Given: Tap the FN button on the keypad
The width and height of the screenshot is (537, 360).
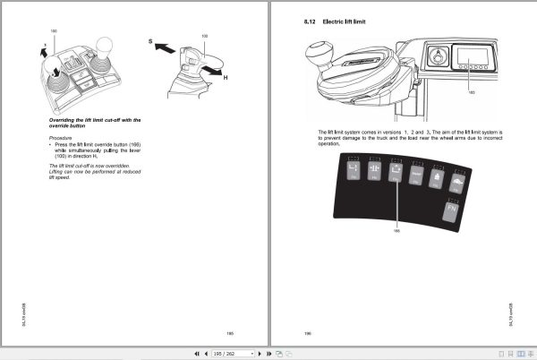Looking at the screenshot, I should coord(453,209).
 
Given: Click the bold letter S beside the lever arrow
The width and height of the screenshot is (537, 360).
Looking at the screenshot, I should coord(149,42).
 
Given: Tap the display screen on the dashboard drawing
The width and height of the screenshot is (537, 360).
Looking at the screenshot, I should coord(471,64).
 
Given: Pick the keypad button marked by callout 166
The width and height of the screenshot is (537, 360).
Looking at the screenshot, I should coord(396,172).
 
